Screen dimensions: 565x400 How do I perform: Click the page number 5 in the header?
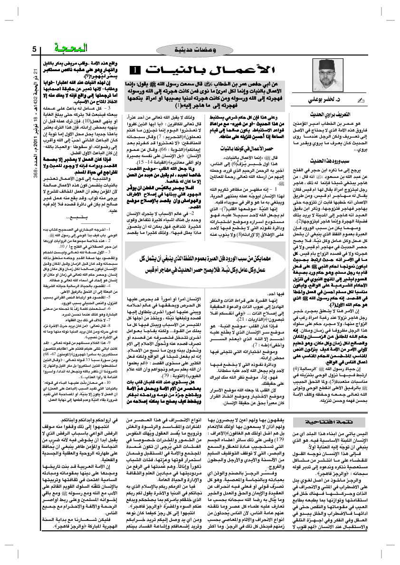pos(34,49)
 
